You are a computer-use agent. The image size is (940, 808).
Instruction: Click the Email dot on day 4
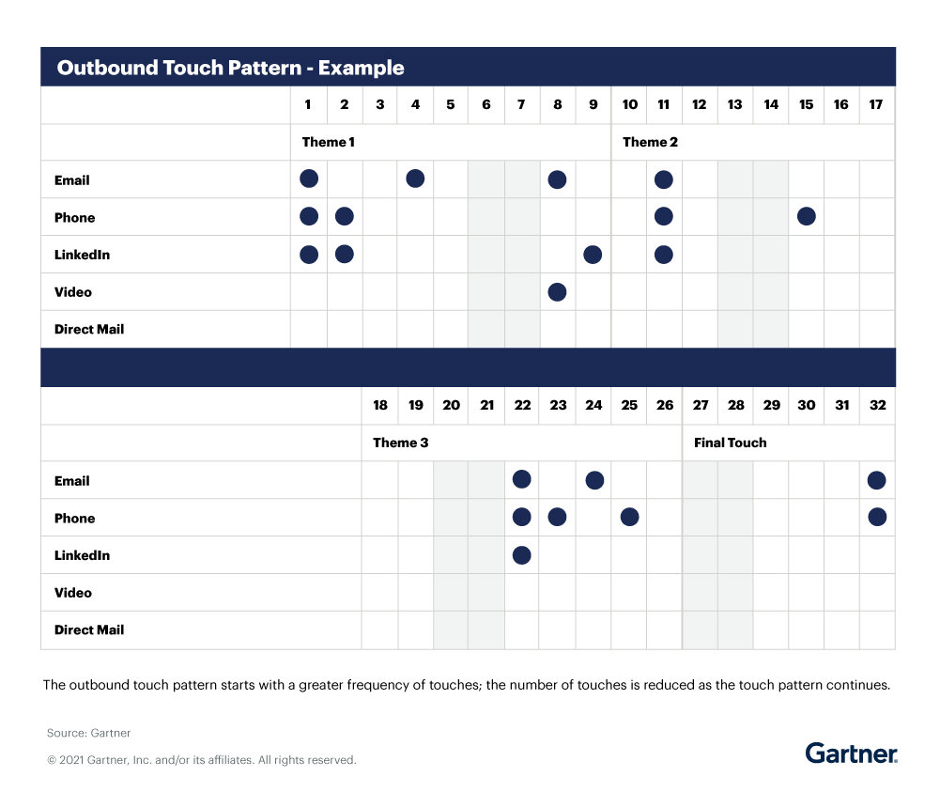click(415, 179)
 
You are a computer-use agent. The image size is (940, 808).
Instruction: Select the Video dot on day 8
click(557, 292)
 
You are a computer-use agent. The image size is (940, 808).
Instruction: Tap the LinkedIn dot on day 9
click(593, 255)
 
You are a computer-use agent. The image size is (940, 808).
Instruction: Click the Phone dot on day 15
click(806, 217)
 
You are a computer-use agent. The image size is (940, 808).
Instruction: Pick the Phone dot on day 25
click(629, 517)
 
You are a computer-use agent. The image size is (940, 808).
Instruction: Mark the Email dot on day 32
click(877, 480)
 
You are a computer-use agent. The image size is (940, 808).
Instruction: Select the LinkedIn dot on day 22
click(522, 555)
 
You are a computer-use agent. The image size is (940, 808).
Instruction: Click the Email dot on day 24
click(593, 480)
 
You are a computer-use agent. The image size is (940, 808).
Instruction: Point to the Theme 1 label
click(328, 142)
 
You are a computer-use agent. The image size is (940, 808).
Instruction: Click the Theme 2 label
click(650, 142)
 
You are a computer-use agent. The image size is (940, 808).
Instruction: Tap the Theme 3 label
click(400, 443)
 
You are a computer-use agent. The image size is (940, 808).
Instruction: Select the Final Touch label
click(730, 443)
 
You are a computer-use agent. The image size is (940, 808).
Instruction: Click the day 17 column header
click(876, 104)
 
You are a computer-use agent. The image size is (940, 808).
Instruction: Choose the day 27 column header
click(701, 405)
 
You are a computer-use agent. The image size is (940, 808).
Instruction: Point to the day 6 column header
click(486, 104)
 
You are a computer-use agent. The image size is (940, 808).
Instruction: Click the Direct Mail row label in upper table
click(89, 330)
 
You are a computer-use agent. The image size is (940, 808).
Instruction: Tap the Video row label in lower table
click(73, 593)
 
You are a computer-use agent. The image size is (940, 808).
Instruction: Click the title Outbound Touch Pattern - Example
click(231, 68)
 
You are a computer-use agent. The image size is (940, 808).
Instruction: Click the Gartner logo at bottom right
click(851, 753)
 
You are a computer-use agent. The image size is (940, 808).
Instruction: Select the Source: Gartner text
click(89, 733)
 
